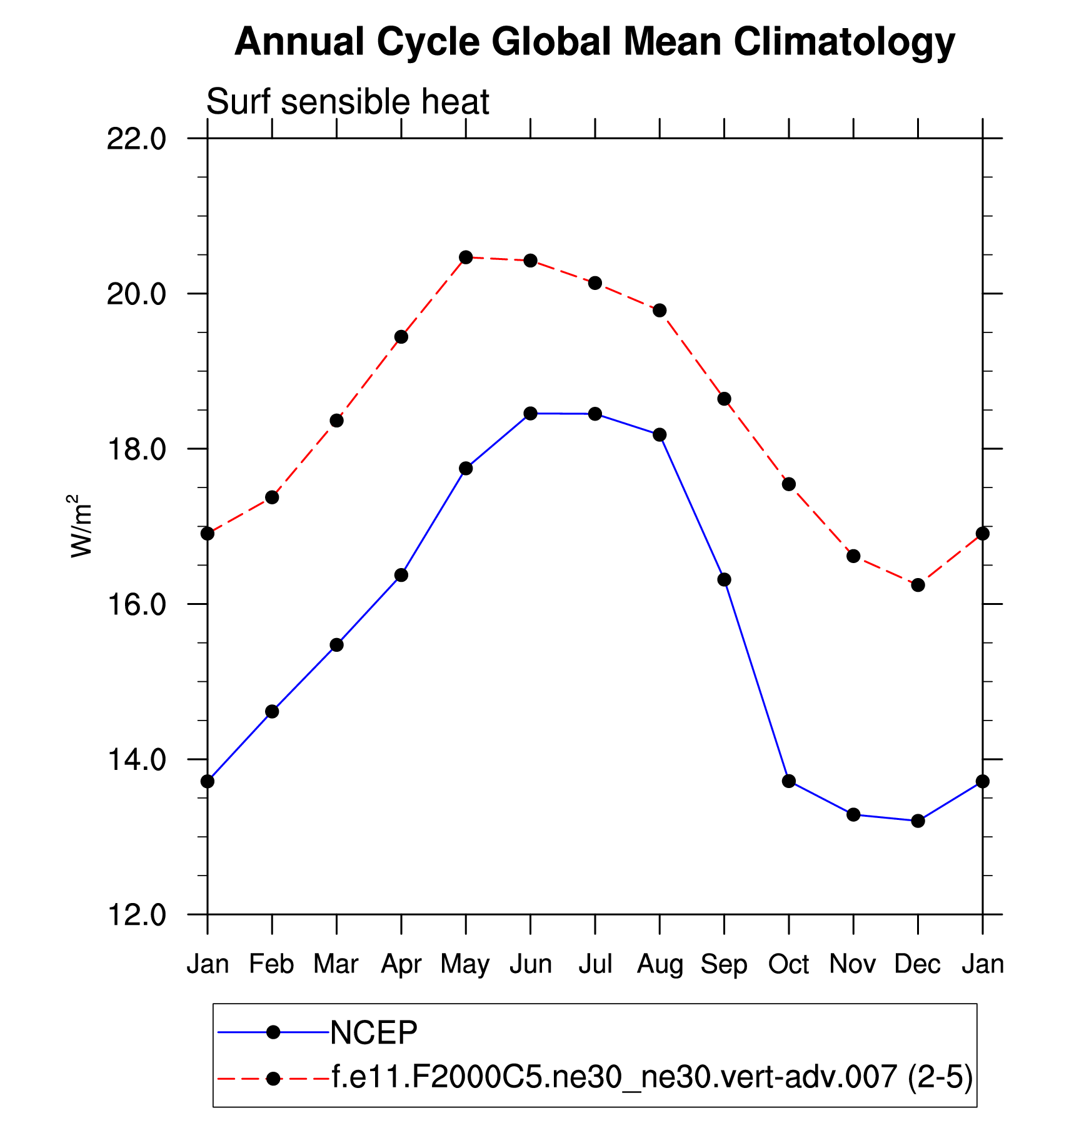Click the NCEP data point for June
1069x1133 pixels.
point(530,413)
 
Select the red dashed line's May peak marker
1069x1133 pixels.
point(466,257)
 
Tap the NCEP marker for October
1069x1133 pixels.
point(789,781)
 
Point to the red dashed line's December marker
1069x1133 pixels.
point(918,585)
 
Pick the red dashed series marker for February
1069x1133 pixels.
point(272,497)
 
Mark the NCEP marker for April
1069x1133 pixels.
point(401,575)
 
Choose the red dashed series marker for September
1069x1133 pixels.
point(725,399)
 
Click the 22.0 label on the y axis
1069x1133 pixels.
point(136,139)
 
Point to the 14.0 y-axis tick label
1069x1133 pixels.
point(136,760)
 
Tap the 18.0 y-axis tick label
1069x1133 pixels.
point(136,449)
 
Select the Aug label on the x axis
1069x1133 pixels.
point(660,964)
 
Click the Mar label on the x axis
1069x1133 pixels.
point(336,964)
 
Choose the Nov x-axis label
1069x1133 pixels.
point(853,964)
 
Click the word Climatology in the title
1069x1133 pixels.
point(844,42)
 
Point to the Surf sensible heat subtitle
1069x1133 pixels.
point(348,102)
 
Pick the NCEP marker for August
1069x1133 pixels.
point(660,434)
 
